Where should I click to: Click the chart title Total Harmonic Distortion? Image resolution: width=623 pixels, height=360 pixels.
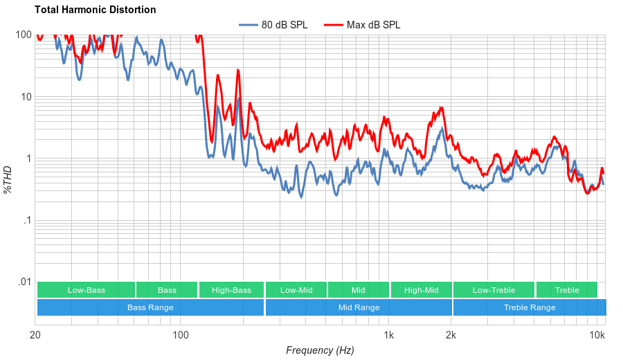(x=95, y=10)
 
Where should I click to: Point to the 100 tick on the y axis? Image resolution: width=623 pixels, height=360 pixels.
(x=24, y=35)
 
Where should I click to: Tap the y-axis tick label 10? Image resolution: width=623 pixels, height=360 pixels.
(x=26, y=97)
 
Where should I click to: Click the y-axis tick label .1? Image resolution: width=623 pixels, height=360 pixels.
(x=27, y=221)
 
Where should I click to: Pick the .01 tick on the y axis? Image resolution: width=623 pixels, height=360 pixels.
(x=24, y=282)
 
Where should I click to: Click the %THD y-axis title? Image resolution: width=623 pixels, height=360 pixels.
(x=8, y=179)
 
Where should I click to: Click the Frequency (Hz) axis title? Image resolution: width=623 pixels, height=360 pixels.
(x=320, y=350)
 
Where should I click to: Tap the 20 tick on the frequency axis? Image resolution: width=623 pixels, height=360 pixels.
(x=35, y=336)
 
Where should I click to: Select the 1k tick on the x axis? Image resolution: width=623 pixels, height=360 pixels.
(x=389, y=336)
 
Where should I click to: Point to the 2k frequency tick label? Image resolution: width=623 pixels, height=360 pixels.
(x=451, y=336)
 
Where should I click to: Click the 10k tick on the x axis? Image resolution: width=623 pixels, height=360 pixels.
(x=597, y=336)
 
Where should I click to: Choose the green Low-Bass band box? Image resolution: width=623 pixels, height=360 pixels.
(x=86, y=290)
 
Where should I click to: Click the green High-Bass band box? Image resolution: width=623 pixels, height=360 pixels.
(x=231, y=290)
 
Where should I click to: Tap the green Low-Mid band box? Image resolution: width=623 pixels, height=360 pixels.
(x=296, y=290)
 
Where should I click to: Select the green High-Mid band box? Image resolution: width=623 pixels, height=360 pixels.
(x=421, y=290)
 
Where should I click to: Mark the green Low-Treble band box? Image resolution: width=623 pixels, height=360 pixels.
(x=494, y=290)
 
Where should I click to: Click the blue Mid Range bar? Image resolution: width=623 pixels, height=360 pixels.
(x=359, y=307)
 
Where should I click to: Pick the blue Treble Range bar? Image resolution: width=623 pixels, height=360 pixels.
(x=530, y=307)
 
